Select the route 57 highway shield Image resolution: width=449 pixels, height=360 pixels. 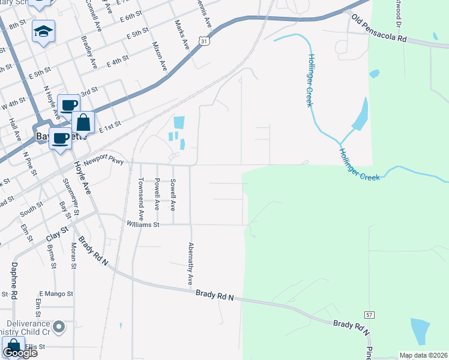pyautogui.click(x=369, y=315)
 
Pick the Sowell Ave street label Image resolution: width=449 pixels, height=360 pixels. pyautogui.click(x=173, y=194)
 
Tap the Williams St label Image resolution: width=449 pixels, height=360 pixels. pyautogui.click(x=142, y=225)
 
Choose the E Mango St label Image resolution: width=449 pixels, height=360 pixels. pyautogui.click(x=56, y=294)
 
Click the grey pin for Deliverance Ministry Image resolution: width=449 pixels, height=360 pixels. pyautogui.click(x=59, y=327)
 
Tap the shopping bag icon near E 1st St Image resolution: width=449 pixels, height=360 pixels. pyautogui.click(x=83, y=122)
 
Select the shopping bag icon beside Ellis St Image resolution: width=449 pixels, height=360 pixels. pyautogui.click(x=13, y=347)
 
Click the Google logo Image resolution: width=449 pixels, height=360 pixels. pyautogui.click(x=20, y=353)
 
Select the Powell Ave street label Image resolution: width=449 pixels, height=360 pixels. pyautogui.click(x=157, y=194)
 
